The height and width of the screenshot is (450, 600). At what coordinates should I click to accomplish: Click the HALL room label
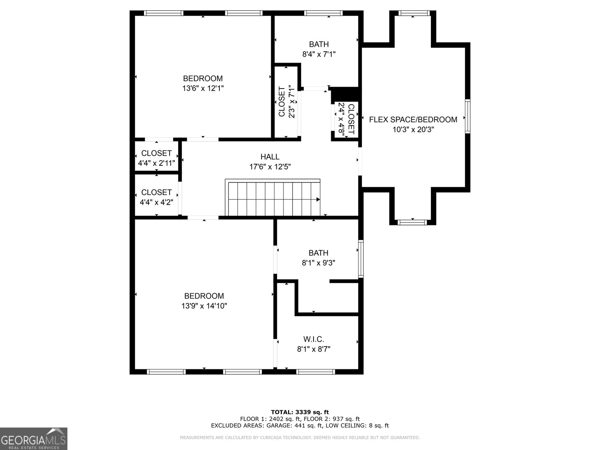270,157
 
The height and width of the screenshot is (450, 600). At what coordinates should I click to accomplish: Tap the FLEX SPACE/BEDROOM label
413,120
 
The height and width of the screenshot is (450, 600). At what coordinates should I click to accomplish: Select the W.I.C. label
313,339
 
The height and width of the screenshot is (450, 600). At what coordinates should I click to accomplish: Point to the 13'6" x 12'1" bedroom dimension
203,88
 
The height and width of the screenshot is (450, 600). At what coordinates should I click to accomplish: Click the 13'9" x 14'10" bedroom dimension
204,306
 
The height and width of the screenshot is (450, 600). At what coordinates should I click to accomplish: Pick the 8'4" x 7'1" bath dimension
319,54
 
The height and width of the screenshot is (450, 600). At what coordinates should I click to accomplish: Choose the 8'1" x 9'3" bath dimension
318,263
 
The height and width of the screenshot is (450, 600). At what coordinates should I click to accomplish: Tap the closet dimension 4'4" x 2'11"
156,163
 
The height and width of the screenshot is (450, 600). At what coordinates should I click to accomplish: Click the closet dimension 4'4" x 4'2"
156,202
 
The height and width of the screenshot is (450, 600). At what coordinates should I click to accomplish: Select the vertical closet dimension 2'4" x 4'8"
341,118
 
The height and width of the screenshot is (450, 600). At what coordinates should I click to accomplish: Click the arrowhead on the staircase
318,199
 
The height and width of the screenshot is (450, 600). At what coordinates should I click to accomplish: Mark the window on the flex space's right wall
468,116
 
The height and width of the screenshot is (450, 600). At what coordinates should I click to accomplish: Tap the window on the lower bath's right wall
361,259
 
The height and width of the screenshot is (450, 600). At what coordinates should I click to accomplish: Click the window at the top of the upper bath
323,13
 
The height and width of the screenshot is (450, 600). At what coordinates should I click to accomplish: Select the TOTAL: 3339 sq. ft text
300,412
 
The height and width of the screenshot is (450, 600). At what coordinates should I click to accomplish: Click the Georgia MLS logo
33,439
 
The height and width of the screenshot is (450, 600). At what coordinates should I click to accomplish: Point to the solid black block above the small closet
345,94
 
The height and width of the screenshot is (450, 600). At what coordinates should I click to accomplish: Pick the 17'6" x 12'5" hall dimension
270,166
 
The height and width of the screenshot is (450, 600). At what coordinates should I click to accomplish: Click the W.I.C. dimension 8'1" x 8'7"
313,349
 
